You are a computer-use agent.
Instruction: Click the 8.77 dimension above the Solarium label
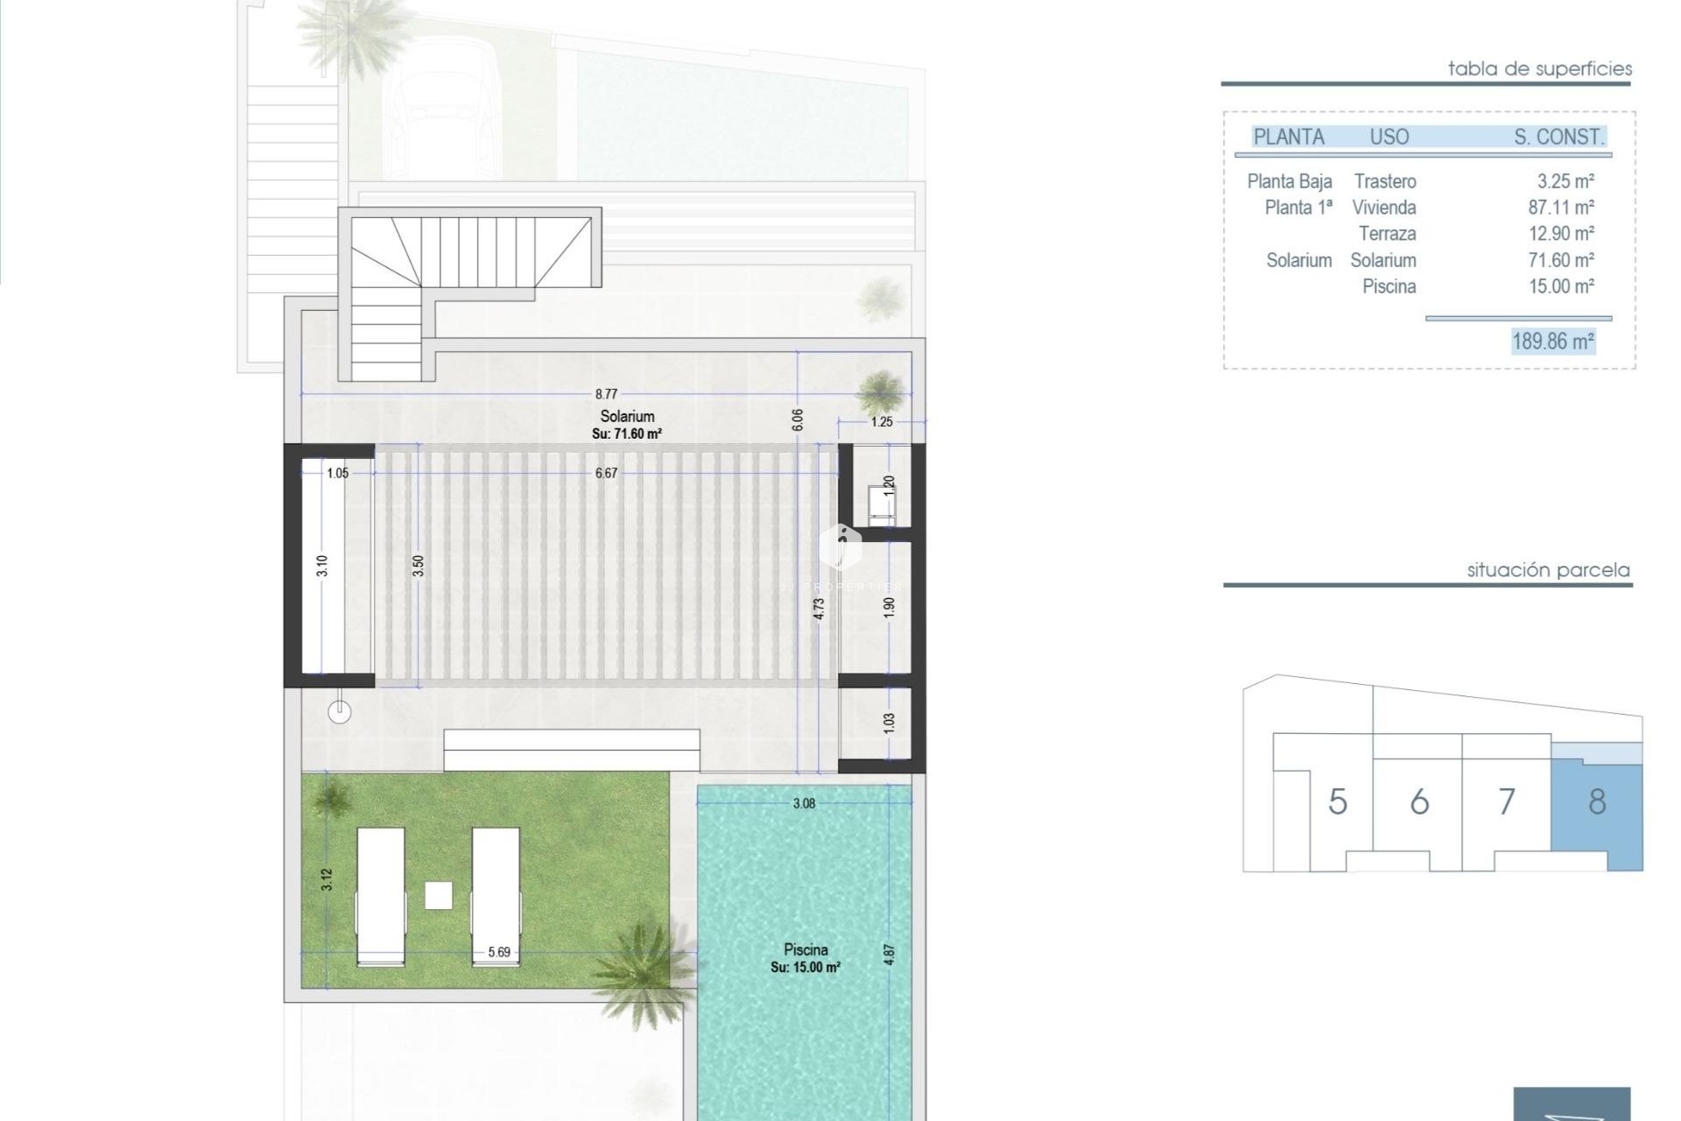606,394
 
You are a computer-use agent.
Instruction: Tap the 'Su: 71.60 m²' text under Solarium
627,434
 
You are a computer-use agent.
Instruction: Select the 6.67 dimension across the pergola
606,473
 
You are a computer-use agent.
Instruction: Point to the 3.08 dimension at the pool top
804,803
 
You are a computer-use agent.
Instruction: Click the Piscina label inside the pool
805,949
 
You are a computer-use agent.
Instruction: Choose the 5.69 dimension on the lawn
499,952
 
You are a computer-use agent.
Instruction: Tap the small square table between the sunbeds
439,895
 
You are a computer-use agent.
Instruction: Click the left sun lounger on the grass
381,897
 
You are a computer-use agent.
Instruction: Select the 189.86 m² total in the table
1553,341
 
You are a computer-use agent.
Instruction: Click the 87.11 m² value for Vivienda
1561,208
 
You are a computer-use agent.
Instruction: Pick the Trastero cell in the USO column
1385,181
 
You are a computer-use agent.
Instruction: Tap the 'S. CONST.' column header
1559,137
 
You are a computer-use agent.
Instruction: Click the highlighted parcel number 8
1597,801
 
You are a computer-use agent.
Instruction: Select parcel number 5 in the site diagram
1337,801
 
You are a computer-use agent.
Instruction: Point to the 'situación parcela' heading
1548,570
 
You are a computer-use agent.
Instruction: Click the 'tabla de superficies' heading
1540,68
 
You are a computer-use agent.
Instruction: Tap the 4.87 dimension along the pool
890,954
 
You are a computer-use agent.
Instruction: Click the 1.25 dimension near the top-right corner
882,422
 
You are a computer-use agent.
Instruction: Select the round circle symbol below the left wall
339,712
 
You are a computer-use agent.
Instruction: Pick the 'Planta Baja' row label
1290,181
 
